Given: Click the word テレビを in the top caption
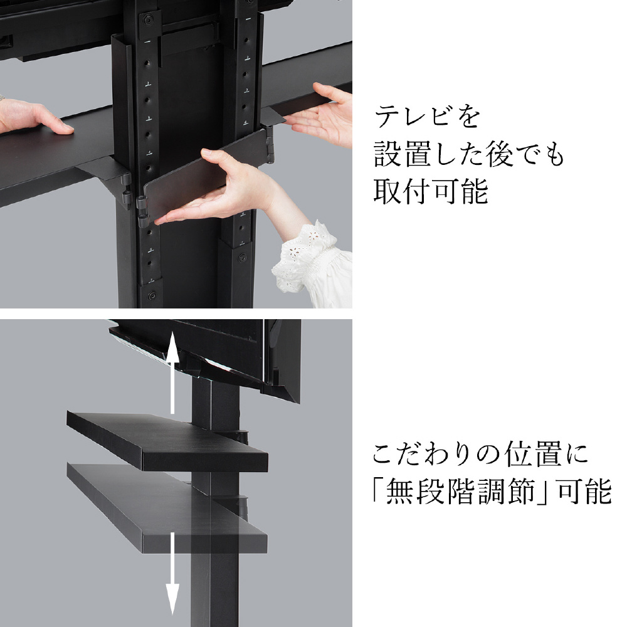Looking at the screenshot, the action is click(427, 117).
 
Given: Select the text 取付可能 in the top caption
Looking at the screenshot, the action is click(431, 191).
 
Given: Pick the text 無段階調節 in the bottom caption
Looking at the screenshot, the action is click(460, 491).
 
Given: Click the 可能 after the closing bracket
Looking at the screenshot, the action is click(584, 491).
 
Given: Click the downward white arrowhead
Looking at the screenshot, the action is click(172, 599).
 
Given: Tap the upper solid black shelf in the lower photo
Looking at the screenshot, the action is click(167, 441).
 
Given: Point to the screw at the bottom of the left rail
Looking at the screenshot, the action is click(152, 296).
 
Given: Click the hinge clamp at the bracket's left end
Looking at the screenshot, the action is click(142, 209).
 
